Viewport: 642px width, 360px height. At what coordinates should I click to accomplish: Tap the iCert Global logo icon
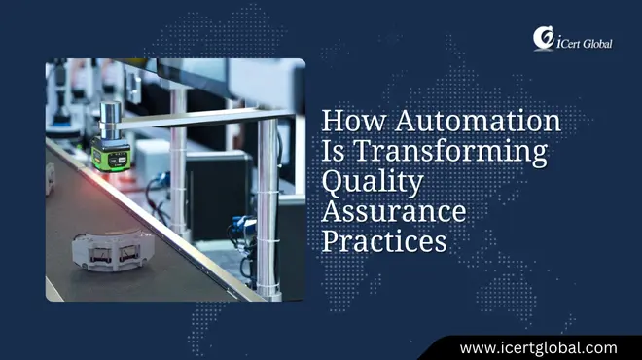[542, 38]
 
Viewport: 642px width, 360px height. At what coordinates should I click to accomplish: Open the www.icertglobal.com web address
[538, 346]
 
